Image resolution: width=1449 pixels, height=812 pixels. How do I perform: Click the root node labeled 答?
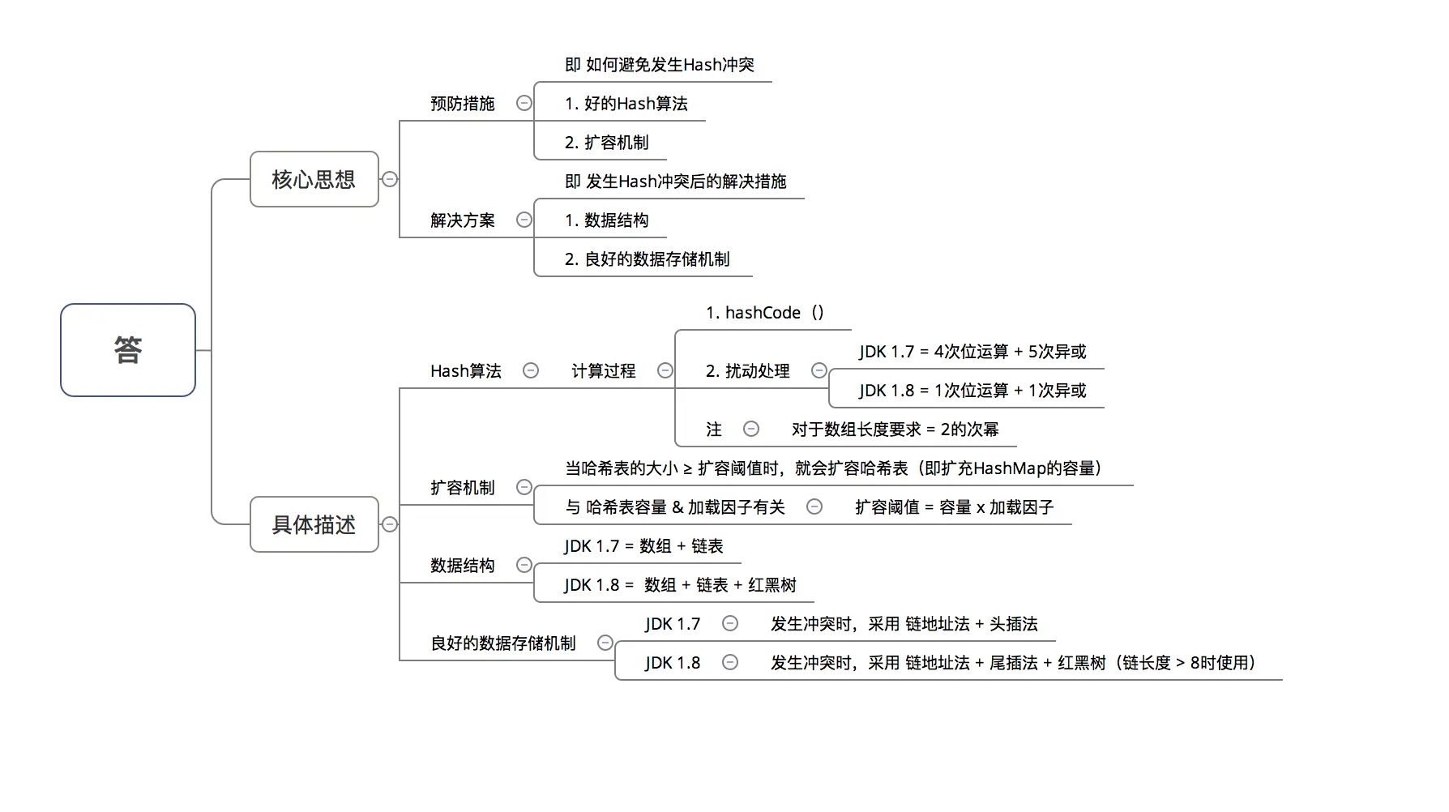[x=128, y=350]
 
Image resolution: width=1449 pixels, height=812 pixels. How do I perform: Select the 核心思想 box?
[x=314, y=179]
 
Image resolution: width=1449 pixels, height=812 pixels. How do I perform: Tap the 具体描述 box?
[x=314, y=524]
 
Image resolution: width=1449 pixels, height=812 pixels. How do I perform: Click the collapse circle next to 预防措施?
[x=524, y=103]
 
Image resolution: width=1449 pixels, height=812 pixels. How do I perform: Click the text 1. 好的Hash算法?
[x=626, y=104]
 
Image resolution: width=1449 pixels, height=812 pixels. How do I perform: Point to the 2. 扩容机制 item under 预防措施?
[x=606, y=143]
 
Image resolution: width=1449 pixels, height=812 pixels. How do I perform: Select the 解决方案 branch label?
[x=462, y=220]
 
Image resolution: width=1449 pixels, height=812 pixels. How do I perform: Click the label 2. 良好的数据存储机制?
[x=647, y=259]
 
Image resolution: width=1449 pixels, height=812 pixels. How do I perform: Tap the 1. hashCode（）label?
[x=764, y=313]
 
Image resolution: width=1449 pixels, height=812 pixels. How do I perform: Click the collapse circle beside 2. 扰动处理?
[x=819, y=370]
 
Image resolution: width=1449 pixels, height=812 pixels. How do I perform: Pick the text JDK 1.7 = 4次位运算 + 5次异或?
[x=972, y=352]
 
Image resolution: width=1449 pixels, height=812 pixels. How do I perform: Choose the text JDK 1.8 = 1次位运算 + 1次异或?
[x=972, y=391]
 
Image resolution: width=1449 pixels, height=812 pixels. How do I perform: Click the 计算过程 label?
[x=603, y=371]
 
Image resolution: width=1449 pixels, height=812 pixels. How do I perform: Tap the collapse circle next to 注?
[x=751, y=429]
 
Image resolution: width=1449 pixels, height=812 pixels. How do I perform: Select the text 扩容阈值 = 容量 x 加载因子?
[x=954, y=507]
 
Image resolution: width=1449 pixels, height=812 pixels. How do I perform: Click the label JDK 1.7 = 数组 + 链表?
[x=643, y=546]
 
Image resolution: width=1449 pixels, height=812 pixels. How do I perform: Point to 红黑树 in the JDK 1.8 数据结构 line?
[x=772, y=585]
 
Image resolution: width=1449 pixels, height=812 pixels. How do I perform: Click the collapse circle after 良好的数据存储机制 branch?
[x=605, y=643]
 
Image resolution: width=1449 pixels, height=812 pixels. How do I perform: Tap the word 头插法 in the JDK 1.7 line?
[x=1013, y=624]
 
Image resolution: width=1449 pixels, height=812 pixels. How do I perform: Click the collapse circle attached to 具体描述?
[x=390, y=524]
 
